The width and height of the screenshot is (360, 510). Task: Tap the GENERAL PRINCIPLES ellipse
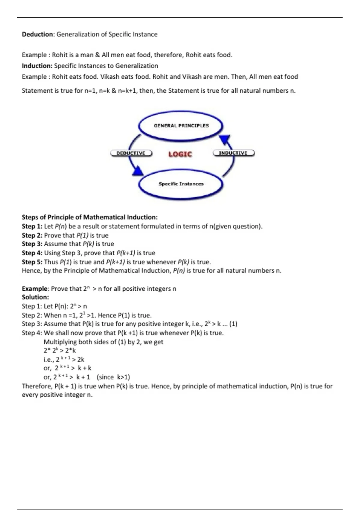click(181, 126)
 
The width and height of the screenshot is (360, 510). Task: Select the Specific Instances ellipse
click(181, 184)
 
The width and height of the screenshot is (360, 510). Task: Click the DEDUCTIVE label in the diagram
click(131, 153)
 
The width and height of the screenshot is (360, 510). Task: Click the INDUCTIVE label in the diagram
click(233, 153)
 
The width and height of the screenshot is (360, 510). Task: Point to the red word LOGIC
click(180, 154)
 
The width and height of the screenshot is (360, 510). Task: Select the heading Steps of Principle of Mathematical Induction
click(90, 217)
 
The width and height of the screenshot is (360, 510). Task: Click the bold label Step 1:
click(32, 226)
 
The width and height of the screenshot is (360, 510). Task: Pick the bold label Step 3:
click(32, 244)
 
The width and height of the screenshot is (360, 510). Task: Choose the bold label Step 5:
click(32, 262)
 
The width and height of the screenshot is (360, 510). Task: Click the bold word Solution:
click(35, 297)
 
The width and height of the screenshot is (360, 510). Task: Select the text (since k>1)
click(113, 377)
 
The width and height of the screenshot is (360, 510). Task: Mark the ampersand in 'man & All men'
click(97, 55)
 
